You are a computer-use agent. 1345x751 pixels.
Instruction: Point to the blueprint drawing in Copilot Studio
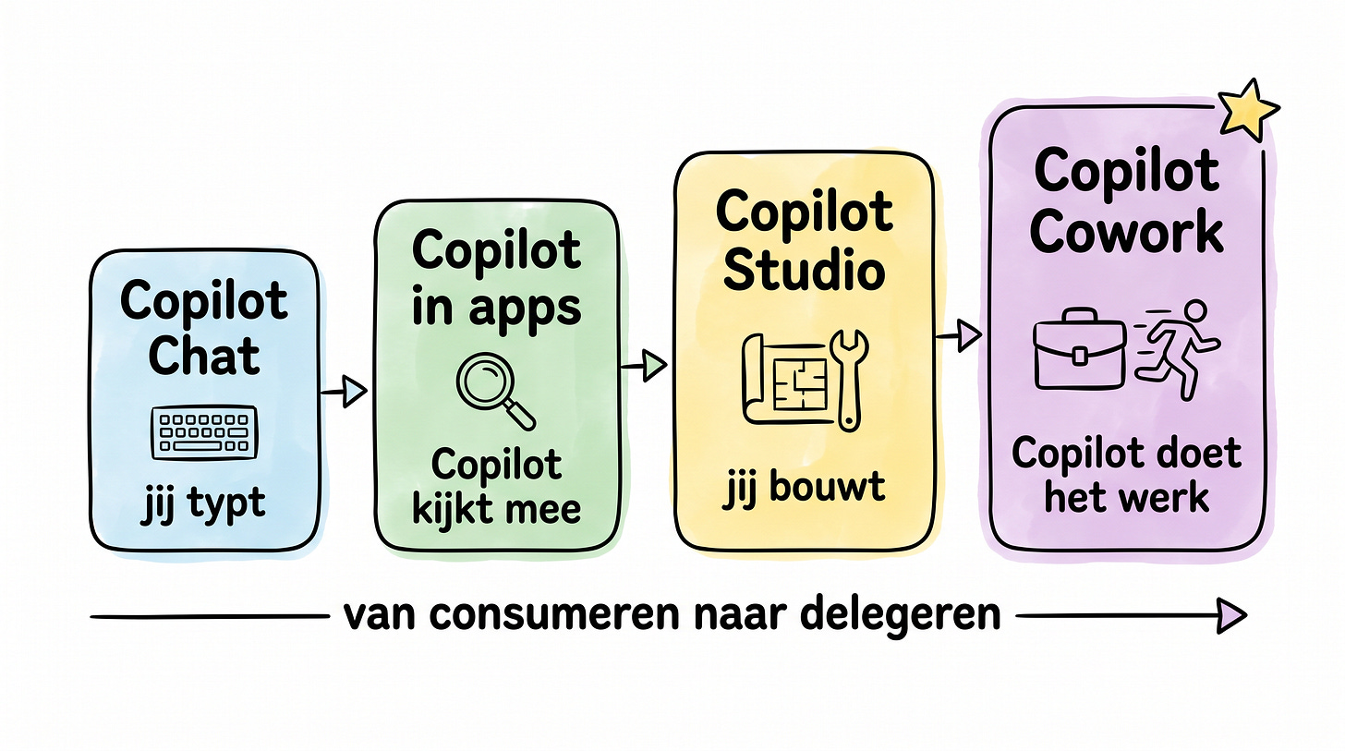782,382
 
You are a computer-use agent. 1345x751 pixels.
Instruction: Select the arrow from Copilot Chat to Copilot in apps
344,393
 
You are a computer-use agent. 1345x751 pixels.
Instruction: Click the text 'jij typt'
203,506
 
